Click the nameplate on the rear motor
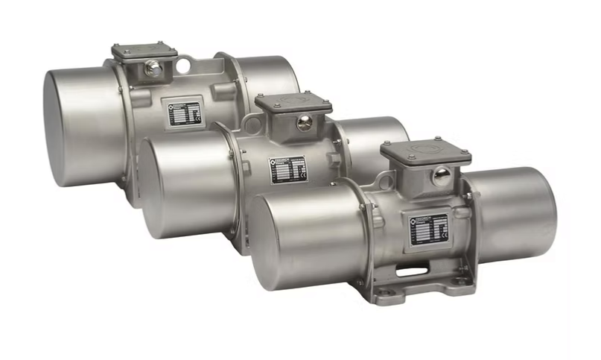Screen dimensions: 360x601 (x=185, y=113)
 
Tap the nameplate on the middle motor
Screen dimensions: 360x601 (x=288, y=168)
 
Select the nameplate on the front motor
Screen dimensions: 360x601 (x=430, y=227)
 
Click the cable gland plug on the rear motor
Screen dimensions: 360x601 (x=153, y=70)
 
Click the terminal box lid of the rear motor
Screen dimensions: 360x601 (x=144, y=51)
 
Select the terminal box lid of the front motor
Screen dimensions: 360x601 (x=425, y=152)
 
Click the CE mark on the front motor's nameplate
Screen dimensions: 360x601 (x=445, y=233)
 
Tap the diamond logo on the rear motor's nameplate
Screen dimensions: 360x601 (x=174, y=107)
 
